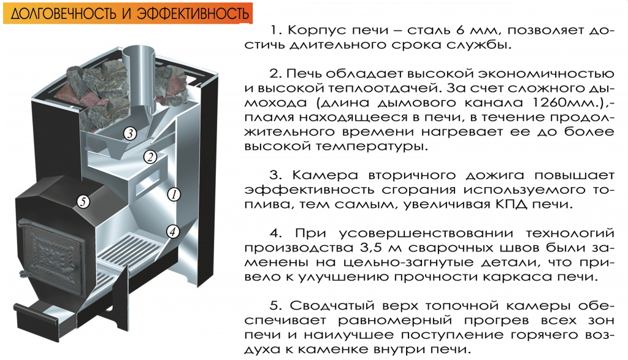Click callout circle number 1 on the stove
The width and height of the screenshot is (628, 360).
174,194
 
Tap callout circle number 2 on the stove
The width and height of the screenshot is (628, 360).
150,156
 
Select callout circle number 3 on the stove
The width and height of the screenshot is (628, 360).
130,133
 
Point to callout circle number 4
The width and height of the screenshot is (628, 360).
172,231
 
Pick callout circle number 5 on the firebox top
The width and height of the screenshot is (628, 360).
83,201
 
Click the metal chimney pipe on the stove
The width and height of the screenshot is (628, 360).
139,80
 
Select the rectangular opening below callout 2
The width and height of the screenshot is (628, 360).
148,182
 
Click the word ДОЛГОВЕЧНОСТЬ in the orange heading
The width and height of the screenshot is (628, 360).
64,14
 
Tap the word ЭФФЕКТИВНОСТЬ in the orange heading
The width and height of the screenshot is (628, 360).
193,14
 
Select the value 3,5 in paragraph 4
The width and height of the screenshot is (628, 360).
367,248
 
